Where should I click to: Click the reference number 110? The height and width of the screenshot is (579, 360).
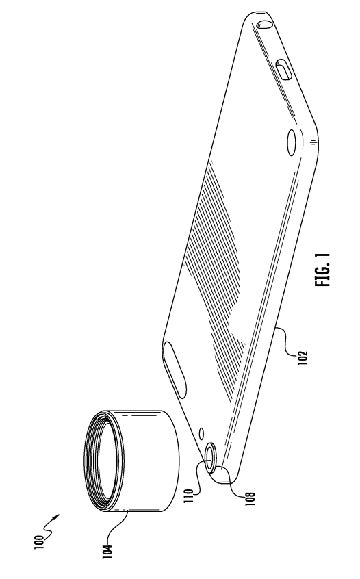(188, 496)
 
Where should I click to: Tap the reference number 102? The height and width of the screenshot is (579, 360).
(302, 358)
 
